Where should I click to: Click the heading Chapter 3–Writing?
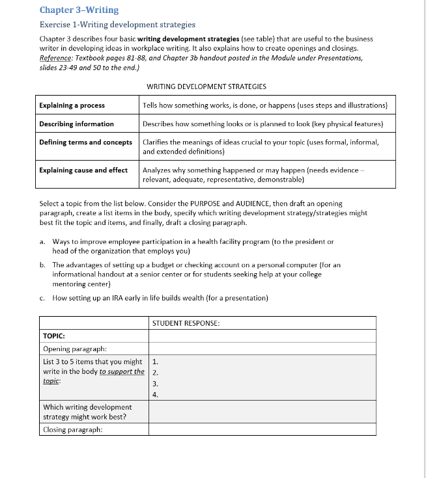[79, 10]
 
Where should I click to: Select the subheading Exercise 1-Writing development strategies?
[117, 25]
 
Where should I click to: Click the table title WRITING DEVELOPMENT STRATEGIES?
[206, 86]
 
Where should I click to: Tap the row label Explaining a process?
[72, 105]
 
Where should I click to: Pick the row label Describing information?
[76, 124]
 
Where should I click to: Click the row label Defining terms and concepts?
[85, 142]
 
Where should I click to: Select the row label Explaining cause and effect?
[83, 170]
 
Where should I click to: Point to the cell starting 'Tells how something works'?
[264, 105]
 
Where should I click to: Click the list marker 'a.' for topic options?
[42, 241]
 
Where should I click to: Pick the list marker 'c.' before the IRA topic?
[42, 298]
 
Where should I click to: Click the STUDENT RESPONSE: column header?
[186, 323]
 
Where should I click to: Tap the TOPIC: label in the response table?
[53, 336]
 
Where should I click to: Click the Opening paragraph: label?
[74, 349]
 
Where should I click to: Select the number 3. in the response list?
[155, 384]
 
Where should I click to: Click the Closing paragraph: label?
[72, 429]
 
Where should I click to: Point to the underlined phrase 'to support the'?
[122, 371]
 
